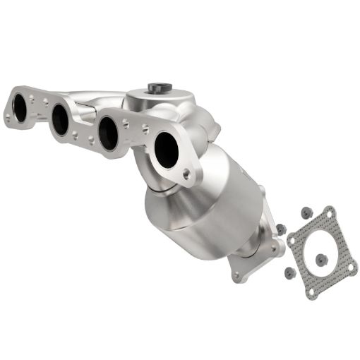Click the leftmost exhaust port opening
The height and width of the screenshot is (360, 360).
point(20,107)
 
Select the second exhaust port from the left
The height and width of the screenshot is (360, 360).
point(60,119)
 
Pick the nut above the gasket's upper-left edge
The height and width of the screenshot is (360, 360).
point(306,212)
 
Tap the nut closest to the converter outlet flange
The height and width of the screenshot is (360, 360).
point(280,229)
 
